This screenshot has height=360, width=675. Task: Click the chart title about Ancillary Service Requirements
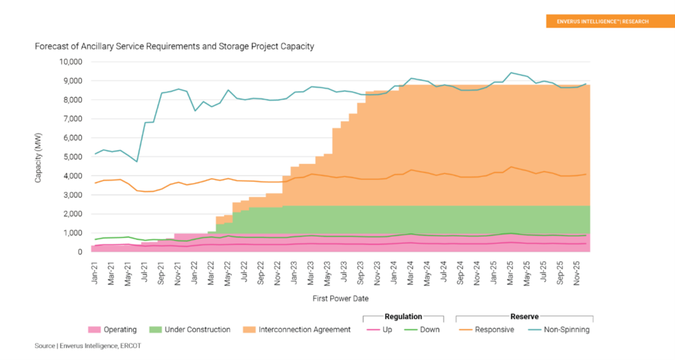click(x=174, y=47)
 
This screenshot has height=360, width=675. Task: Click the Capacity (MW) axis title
click(x=39, y=157)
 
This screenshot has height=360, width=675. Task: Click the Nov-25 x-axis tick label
click(x=578, y=270)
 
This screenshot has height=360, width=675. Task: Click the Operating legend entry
click(x=112, y=330)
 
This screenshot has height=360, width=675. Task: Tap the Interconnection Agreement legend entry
click(x=297, y=330)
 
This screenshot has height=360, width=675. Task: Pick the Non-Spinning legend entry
click(x=560, y=330)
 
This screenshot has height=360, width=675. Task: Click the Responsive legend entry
click(x=486, y=330)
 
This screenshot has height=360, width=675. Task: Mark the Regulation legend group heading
click(x=403, y=316)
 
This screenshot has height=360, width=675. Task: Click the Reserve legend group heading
click(x=525, y=316)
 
